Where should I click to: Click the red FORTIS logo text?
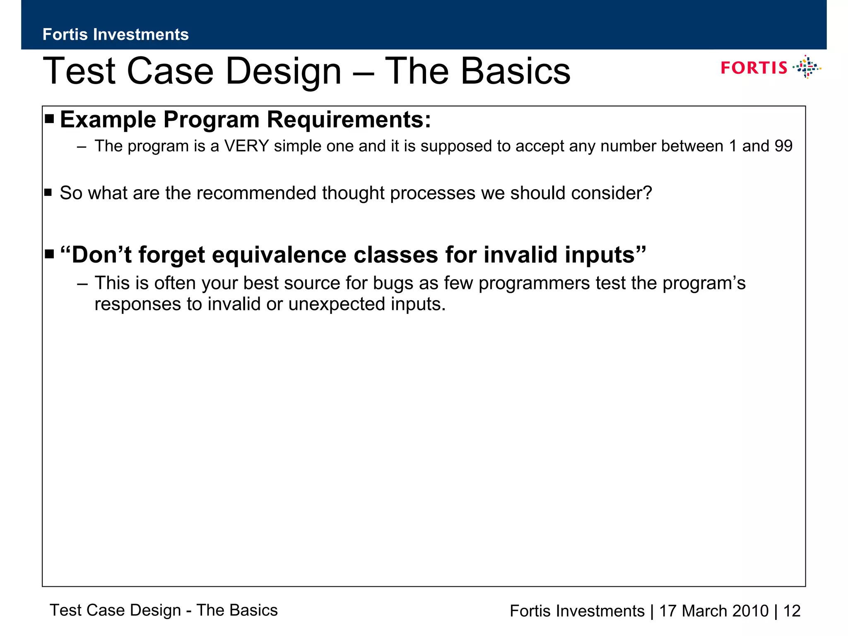click(x=754, y=67)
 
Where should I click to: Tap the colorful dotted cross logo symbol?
click(x=807, y=67)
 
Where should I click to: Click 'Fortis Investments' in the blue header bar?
click(x=116, y=34)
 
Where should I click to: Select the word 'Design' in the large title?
click(x=284, y=71)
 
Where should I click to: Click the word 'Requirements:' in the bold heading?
click(x=349, y=120)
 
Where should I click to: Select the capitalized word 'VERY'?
click(x=246, y=146)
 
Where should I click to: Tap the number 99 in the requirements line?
click(x=783, y=146)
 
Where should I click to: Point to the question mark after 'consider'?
click(x=648, y=193)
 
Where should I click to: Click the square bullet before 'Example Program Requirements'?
click(x=50, y=120)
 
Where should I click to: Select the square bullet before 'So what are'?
click(x=48, y=193)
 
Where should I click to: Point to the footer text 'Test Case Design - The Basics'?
click(x=164, y=610)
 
